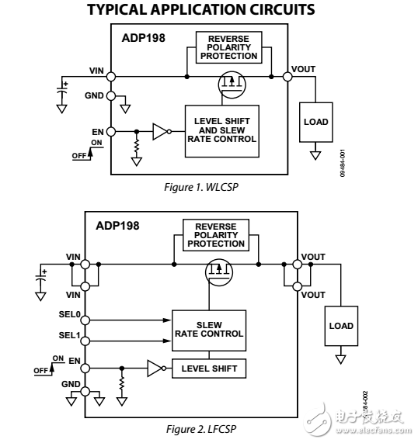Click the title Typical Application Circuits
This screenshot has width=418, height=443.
coord(200,10)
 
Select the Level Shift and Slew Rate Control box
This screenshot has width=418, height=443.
coord(222,130)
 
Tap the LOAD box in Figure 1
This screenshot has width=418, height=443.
coord(316,122)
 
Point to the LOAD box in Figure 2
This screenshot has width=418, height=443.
coord(340,326)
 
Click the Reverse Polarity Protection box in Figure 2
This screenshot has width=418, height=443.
coord(214,235)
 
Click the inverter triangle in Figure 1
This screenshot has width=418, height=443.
coord(160,132)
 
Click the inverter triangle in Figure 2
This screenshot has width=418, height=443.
coord(154,369)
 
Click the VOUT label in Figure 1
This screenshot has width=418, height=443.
coord(304,69)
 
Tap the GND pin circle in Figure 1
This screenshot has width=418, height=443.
coord(111,96)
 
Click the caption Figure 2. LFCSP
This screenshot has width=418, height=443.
coord(202,428)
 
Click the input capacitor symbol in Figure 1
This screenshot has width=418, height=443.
coord(61,89)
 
